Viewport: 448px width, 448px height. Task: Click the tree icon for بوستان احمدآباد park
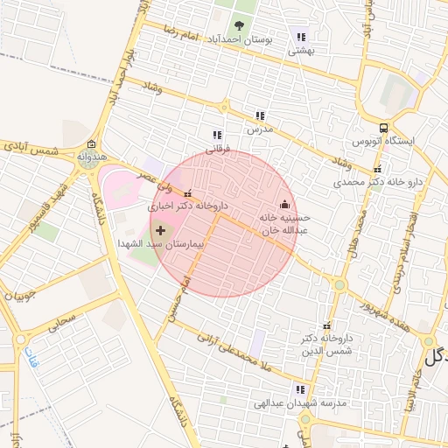pos(240,25)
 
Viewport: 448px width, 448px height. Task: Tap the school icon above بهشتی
pos(302,38)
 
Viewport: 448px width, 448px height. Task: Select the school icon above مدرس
pos(260,115)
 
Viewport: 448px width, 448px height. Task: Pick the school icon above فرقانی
pos(217,136)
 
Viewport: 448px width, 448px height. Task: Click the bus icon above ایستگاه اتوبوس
pos(383,127)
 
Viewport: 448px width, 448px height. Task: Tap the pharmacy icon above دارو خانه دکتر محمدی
pos(377,170)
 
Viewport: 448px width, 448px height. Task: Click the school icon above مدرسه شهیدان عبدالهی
pos(301,390)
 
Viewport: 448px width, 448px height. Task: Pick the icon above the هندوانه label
pos(92,144)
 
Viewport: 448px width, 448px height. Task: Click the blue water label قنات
pos(36,359)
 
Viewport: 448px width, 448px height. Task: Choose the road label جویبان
pos(21,297)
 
